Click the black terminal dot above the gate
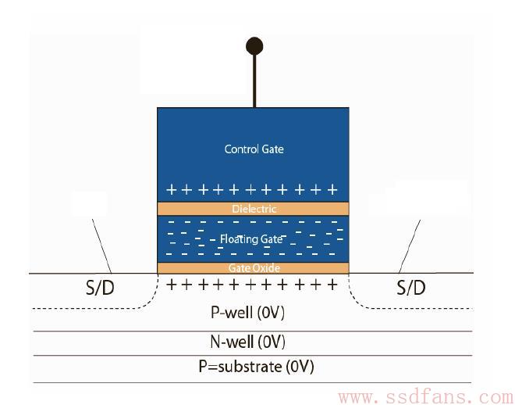(254, 45)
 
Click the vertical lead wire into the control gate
(254, 81)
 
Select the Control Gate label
(254, 149)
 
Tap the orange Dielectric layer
(253, 209)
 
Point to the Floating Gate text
(251, 239)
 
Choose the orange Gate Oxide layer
(253, 268)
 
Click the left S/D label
(100, 288)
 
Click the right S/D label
(411, 288)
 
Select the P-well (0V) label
(247, 312)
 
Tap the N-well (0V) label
(247, 342)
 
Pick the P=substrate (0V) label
(256, 366)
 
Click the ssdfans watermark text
(426, 397)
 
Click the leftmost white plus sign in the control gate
(171, 190)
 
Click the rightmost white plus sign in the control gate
(332, 190)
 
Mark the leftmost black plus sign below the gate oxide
(171, 285)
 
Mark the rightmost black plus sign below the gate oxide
(332, 285)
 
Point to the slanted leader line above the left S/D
(101, 246)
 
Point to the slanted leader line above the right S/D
(410, 246)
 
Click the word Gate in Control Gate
(273, 149)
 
